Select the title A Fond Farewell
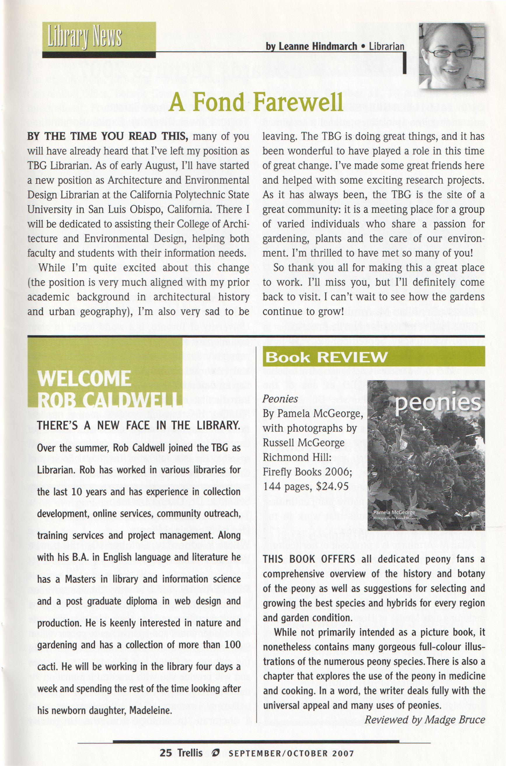256,103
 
